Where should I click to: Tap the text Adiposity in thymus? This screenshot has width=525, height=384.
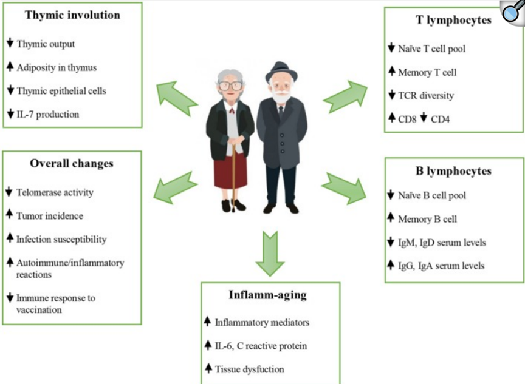(x=57, y=67)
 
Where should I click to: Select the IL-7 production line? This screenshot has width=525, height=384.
(x=48, y=113)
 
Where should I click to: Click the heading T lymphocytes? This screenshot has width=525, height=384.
(x=453, y=20)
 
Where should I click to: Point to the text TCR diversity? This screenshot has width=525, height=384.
(x=426, y=95)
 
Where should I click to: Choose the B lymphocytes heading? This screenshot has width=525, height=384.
(x=453, y=171)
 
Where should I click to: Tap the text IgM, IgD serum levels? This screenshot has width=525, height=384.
(x=442, y=242)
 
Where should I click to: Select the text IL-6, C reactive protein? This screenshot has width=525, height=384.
(x=261, y=346)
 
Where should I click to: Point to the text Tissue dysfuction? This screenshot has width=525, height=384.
(x=249, y=369)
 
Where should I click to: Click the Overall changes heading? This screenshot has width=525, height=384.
(x=71, y=163)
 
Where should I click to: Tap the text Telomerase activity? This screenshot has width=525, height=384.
(x=55, y=192)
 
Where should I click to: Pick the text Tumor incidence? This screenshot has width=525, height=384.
(x=50, y=215)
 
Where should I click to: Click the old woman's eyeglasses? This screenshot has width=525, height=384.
(x=230, y=85)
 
